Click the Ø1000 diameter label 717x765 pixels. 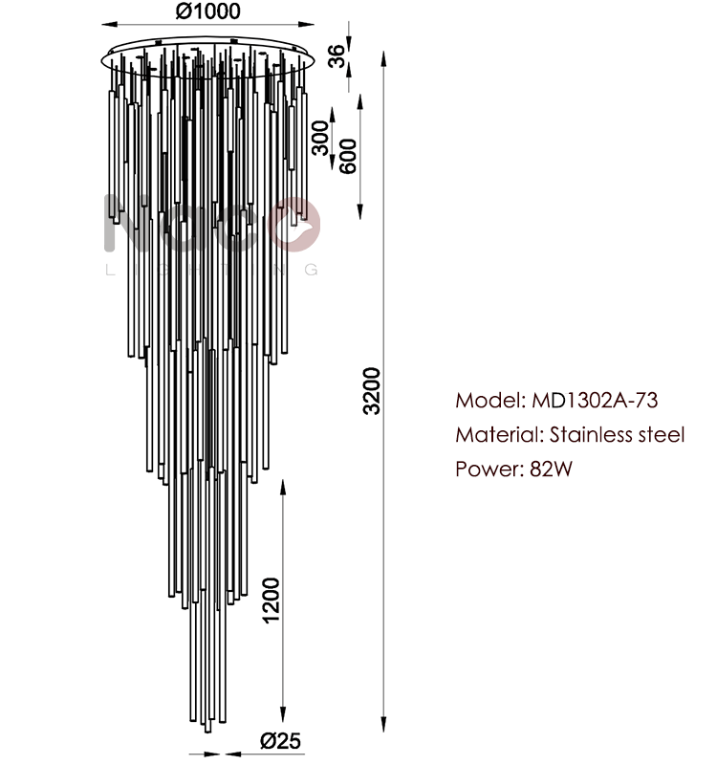tap(207, 11)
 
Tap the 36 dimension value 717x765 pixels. tap(337, 55)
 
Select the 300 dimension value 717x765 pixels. tap(320, 138)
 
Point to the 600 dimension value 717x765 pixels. tap(348, 156)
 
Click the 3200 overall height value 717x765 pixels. tap(371, 391)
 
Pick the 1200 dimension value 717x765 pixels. tap(271, 601)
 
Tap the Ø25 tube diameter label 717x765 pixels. tap(280, 740)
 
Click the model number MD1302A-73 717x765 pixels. tap(595, 400)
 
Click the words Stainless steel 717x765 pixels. tap(618, 435)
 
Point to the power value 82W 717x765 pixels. tap(551, 469)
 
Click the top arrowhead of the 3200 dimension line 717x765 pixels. tap(384, 58)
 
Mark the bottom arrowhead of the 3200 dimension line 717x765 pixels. tap(384, 724)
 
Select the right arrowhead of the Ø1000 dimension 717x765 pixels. tap(306, 23)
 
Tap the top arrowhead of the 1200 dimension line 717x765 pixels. tap(283, 488)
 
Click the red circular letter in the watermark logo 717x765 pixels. tap(294, 224)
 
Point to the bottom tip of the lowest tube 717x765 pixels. tap(207, 732)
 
